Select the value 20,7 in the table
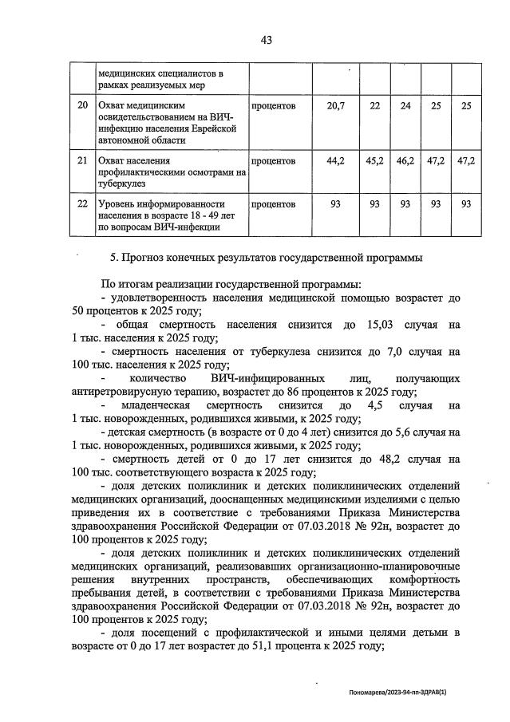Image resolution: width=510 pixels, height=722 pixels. click(x=336, y=106)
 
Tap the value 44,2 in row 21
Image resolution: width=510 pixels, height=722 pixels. click(x=336, y=161)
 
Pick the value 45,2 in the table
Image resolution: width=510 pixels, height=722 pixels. click(x=375, y=161)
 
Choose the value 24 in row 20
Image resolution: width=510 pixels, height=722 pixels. click(x=405, y=106)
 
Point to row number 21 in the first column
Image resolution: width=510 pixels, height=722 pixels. click(x=81, y=161)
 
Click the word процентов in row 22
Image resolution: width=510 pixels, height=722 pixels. click(x=274, y=204)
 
